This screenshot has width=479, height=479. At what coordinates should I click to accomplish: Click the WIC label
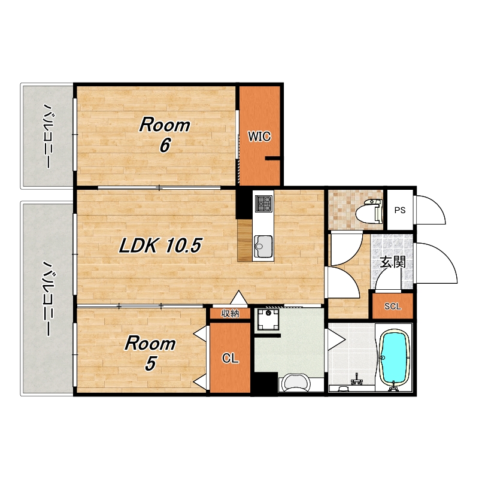[x=259, y=137]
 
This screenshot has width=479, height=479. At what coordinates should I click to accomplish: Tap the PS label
[x=400, y=210]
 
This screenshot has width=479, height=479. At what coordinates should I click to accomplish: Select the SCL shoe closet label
[x=393, y=306]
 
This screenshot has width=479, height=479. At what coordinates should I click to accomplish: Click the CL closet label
[x=231, y=357]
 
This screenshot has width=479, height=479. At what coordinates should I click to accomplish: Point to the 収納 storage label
[x=231, y=313]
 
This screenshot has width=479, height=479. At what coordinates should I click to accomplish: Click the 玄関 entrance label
[x=393, y=262]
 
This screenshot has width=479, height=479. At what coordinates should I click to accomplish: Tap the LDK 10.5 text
[x=160, y=245]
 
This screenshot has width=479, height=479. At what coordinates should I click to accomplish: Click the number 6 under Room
[x=165, y=145]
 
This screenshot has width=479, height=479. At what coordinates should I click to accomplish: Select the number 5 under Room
[x=150, y=363]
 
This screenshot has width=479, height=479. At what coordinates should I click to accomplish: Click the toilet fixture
[x=369, y=210]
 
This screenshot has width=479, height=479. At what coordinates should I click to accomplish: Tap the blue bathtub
[x=393, y=358]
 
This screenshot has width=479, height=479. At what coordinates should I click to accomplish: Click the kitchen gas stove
[x=264, y=204]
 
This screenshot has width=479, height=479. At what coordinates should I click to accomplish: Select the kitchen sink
[x=263, y=246]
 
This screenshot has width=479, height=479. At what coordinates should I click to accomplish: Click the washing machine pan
[x=268, y=320]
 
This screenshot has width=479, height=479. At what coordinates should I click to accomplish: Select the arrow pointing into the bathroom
[x=336, y=339]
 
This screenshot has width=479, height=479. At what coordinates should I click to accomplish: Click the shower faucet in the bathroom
[x=356, y=380]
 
